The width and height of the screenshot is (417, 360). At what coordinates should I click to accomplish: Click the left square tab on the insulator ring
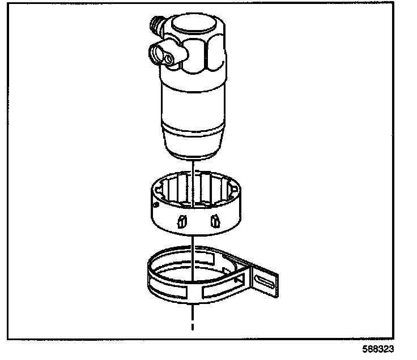[181, 220]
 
